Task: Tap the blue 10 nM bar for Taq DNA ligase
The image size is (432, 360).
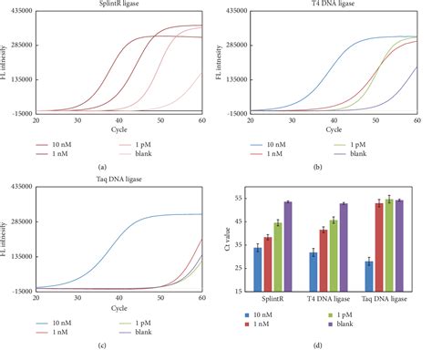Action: click(x=369, y=276)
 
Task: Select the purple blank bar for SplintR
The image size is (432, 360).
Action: click(x=287, y=246)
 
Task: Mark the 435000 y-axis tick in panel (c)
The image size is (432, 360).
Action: click(x=16, y=187)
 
